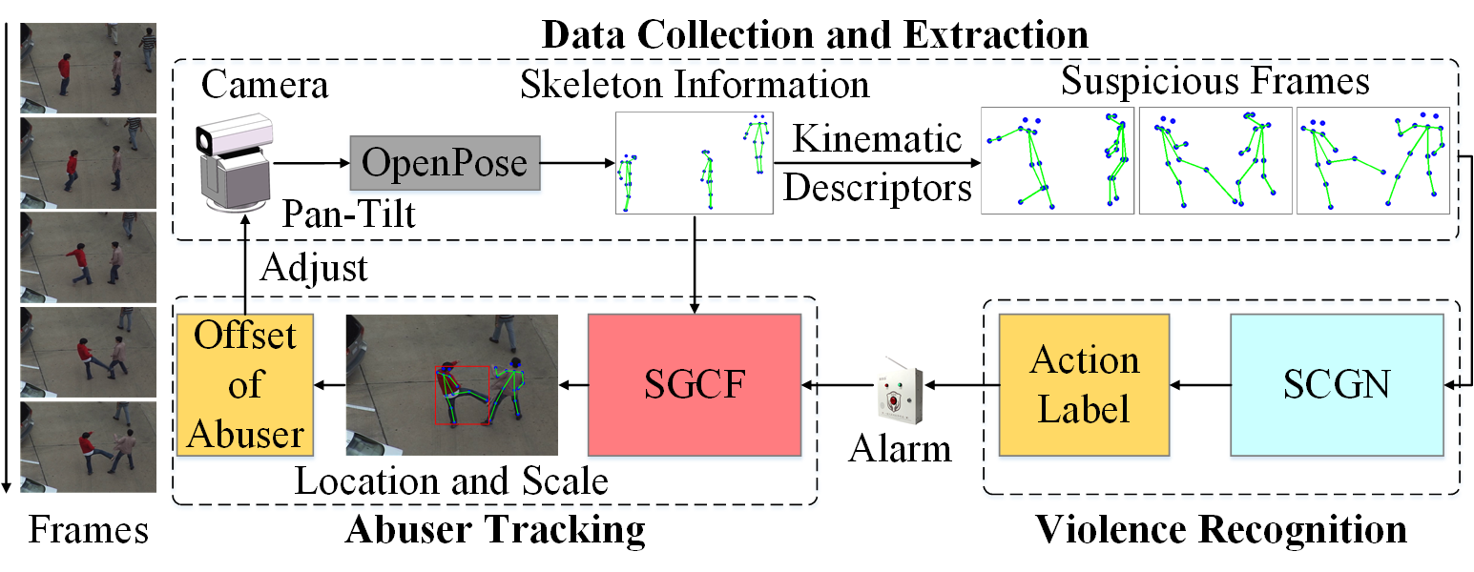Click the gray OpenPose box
[445, 163]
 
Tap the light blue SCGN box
[1336, 384]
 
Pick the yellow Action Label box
[1086, 384]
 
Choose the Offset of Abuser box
[245, 384]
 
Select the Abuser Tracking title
[494, 529]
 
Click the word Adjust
[313, 268]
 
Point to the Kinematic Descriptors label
[878, 164]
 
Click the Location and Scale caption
[451, 480]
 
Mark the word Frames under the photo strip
[88, 529]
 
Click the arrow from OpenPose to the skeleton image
[577, 163]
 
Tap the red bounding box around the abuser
[462, 394]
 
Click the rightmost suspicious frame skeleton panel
[1372, 159]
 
